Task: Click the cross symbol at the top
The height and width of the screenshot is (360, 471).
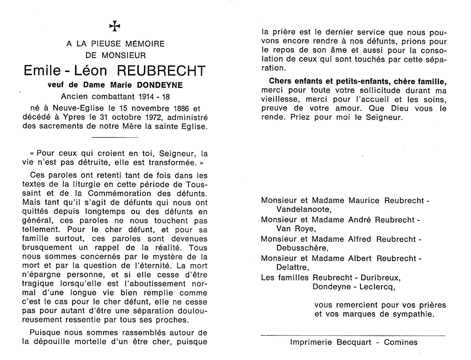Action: point(115,26)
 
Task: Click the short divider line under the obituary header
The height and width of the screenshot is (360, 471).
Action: point(115,137)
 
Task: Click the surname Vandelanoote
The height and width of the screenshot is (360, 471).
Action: point(304,210)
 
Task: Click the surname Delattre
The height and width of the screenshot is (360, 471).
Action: point(292,267)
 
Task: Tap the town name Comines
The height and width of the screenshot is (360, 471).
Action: point(401,342)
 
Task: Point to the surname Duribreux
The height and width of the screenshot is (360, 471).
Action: point(378,278)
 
